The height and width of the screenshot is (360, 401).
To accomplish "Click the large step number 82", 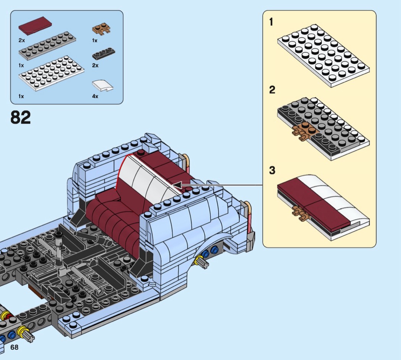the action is click(x=21, y=117).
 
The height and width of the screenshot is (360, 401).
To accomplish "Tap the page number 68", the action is click(x=15, y=347).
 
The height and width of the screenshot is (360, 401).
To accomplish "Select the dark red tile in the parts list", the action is click(x=35, y=26).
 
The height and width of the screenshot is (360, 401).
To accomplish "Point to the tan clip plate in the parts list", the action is click(x=102, y=29).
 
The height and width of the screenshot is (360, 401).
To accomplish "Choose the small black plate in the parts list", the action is click(x=103, y=54).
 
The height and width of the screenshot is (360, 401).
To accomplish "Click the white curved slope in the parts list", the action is click(x=103, y=86).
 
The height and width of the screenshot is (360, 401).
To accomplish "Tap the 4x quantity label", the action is click(x=95, y=96).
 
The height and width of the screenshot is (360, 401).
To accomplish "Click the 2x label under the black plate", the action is click(x=95, y=65).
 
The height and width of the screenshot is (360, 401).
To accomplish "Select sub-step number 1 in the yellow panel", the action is click(x=271, y=22).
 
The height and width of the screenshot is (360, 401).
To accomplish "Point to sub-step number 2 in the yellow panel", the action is click(x=272, y=90).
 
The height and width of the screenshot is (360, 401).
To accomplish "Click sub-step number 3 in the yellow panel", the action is click(x=272, y=170).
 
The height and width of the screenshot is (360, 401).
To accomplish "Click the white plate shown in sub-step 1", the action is click(x=323, y=56).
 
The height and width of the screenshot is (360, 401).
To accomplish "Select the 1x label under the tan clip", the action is click(x=95, y=41).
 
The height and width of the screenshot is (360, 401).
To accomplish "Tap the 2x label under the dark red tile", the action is click(x=21, y=41).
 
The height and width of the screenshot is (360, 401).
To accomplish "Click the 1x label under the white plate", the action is click(x=21, y=96).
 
